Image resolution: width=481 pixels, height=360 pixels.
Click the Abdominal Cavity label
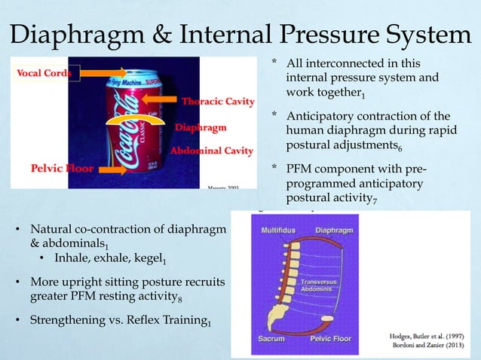(x=211, y=151)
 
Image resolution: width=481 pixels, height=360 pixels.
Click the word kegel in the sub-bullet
(x=147, y=260)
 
